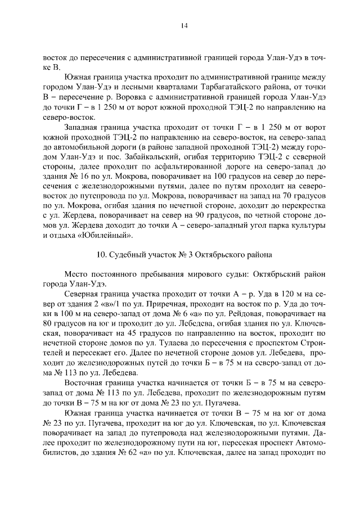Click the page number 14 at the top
pos(183,25)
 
